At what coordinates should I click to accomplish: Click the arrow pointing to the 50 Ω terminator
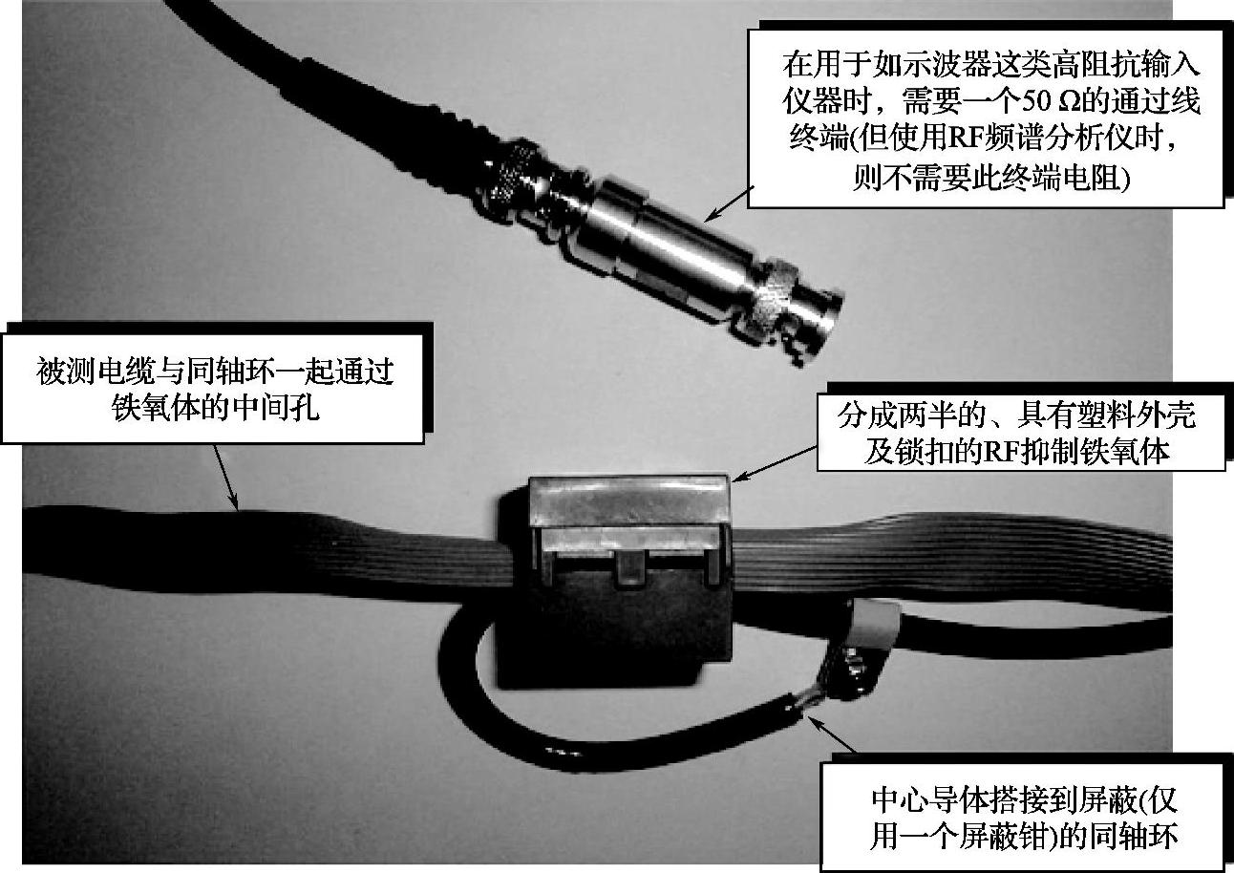point(729,203)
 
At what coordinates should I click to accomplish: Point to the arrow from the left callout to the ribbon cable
point(225,477)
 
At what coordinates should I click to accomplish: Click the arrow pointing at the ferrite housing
point(774,464)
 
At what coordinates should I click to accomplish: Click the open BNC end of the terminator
point(822,328)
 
